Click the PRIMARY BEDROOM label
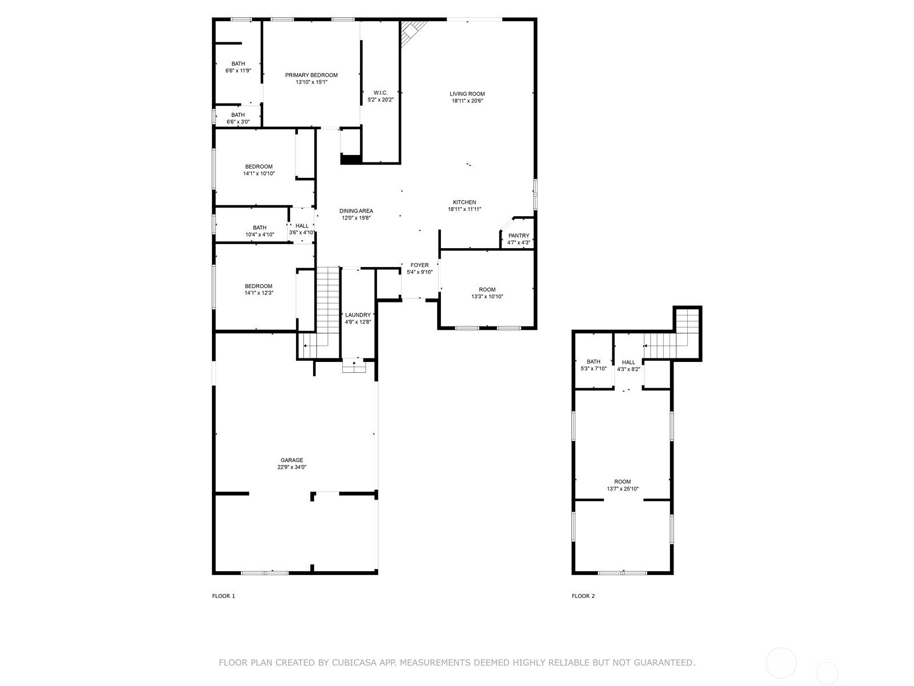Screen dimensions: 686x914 click(311, 75)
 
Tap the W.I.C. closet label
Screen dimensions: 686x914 click(380, 93)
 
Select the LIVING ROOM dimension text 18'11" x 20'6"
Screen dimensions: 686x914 click(467, 101)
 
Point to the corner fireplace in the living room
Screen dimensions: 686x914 click(412, 32)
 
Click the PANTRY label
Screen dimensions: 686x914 click(519, 236)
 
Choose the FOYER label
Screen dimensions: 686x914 click(419, 265)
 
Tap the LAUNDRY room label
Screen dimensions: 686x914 click(358, 315)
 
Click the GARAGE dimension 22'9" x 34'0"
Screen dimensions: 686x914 click(292, 468)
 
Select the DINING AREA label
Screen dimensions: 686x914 click(356, 211)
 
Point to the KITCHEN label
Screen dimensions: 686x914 click(464, 202)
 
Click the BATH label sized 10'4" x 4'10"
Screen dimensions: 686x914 click(259, 228)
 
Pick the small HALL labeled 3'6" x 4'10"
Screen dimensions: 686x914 click(302, 226)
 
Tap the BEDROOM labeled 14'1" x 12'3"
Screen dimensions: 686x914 click(259, 286)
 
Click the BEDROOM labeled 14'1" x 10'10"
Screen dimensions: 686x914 click(259, 166)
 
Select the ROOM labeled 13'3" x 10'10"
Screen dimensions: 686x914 click(487, 289)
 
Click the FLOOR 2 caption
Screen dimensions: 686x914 click(583, 596)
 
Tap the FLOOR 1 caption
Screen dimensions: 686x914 click(223, 596)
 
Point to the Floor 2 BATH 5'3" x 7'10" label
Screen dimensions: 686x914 click(594, 361)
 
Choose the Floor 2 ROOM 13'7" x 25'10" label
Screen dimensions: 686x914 click(623, 482)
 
